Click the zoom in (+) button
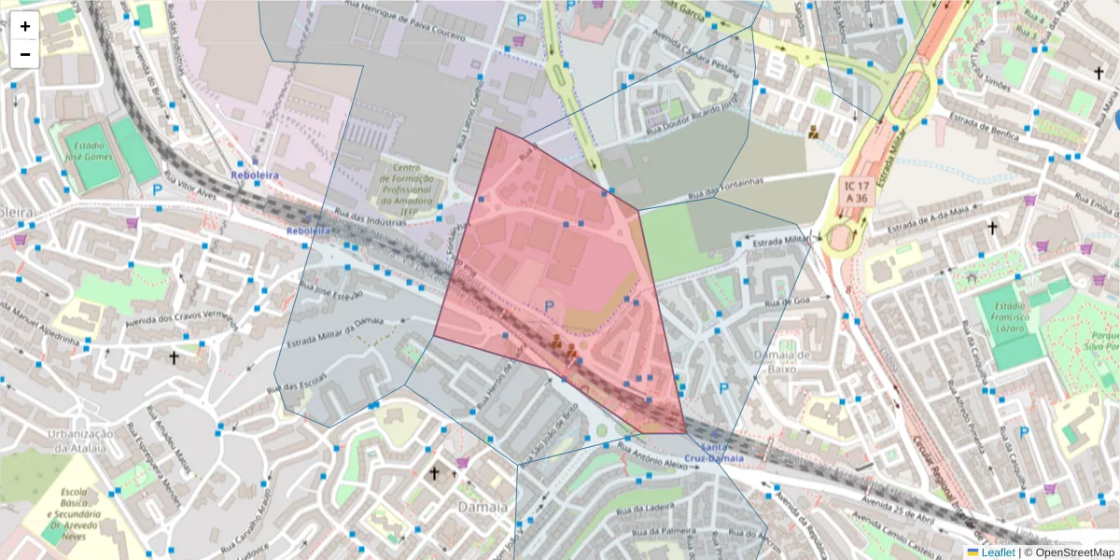[x=24, y=26]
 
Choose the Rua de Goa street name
[x=786, y=301]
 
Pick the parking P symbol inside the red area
[x=549, y=306]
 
